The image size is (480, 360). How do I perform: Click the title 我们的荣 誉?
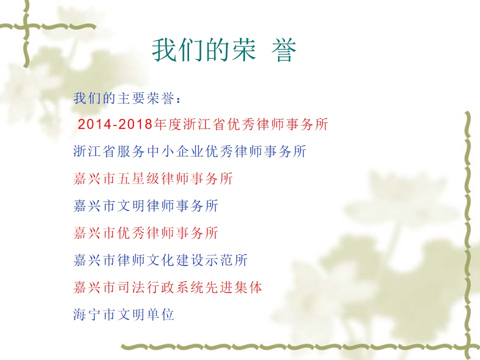224,50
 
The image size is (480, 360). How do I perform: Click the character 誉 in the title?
284,50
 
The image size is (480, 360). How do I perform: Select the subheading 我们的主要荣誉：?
127,98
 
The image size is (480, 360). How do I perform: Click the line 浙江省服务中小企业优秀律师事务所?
190,151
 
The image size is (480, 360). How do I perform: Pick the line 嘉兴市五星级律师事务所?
153,178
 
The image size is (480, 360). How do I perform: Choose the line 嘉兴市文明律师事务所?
145,205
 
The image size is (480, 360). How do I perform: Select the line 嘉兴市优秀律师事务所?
145,233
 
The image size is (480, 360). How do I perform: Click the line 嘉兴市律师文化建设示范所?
160,260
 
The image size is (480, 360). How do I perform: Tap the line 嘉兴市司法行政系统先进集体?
168,287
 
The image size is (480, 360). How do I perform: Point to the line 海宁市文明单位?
123,314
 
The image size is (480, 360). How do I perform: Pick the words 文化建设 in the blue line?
175,260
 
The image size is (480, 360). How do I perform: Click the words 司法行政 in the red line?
145,287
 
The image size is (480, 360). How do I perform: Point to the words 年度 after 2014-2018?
167,124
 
